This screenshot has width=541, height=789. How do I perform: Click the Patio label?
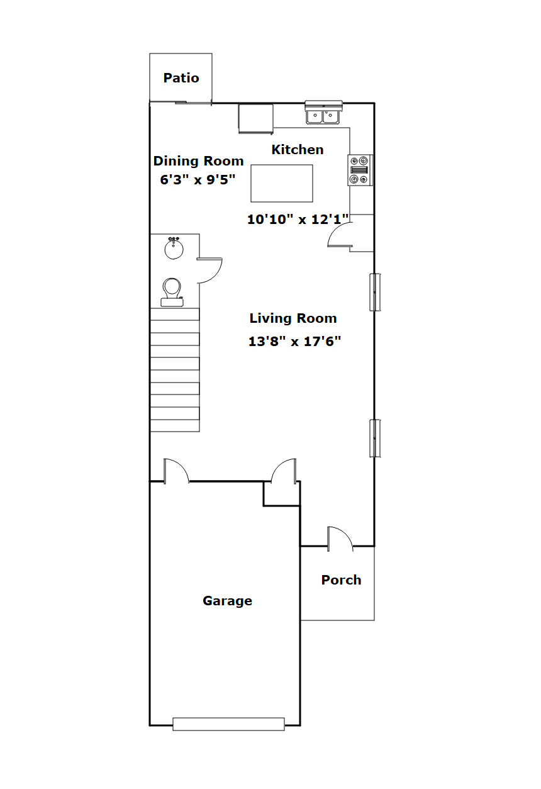[181, 78]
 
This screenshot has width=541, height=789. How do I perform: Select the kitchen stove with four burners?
[360, 170]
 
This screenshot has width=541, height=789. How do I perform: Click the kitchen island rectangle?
[282, 184]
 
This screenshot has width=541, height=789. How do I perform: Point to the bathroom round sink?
[174, 249]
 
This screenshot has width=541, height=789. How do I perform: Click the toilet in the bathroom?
[172, 293]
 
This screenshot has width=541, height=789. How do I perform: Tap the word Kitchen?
[298, 150]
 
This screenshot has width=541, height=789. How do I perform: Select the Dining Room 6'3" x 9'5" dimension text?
[198, 180]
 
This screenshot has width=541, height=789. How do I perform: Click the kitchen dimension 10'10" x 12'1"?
[298, 220]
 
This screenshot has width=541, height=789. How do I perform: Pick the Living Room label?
[293, 318]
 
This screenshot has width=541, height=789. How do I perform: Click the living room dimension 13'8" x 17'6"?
[295, 341]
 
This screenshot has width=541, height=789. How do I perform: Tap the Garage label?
[228, 601]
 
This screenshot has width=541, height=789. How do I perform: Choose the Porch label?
[342, 580]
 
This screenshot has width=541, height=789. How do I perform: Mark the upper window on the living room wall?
[375, 293]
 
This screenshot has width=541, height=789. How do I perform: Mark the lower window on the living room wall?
[375, 439]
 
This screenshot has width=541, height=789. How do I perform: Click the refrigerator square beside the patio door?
[255, 119]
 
